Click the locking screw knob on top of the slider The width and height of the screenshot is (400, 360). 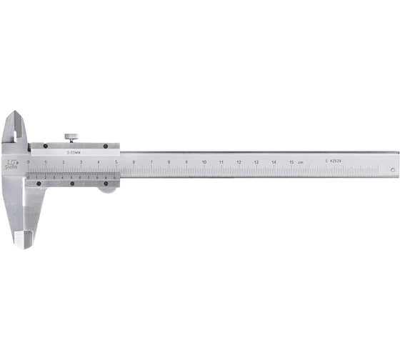[72, 136]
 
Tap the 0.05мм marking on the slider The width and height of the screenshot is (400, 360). [72, 152]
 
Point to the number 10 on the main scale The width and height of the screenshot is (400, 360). [204, 163]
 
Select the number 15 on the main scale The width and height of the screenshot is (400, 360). [291, 163]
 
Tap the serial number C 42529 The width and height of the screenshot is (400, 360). [333, 162]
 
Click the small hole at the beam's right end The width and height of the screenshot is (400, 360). [391, 169]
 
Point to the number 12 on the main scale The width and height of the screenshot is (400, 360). [239, 163]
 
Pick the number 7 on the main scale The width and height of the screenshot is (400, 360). [151, 163]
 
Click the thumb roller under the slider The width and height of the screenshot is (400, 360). [106, 189]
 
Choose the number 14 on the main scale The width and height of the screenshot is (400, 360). [274, 163]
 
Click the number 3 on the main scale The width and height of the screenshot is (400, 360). [81, 163]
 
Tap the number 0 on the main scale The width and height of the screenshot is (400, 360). [29, 163]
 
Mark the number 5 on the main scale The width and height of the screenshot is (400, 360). [116, 163]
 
